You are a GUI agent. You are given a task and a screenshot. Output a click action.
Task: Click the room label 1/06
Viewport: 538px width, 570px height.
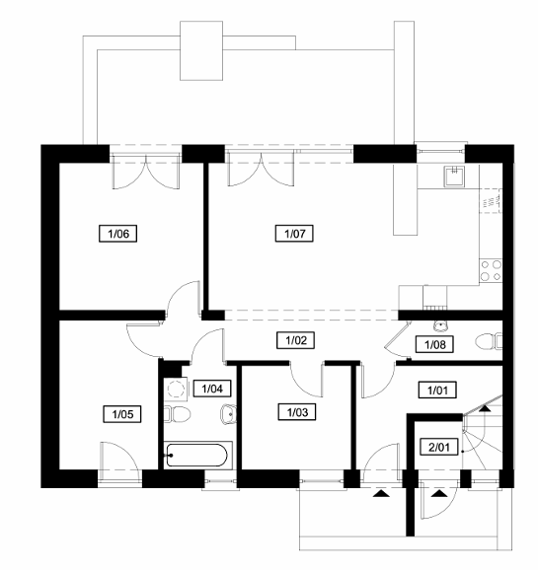118,234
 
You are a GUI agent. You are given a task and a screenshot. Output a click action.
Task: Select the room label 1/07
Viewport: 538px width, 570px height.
294,234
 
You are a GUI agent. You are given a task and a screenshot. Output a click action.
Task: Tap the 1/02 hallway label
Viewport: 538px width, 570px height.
295,340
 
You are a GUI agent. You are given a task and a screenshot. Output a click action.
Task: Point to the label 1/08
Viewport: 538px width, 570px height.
434,344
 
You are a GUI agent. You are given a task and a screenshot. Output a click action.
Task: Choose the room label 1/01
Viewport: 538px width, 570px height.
437,391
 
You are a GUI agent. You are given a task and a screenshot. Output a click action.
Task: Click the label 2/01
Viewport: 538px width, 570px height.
439,447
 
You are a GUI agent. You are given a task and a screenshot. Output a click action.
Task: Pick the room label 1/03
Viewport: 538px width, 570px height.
297,412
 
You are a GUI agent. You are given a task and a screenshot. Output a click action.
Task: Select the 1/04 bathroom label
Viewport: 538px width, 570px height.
212,389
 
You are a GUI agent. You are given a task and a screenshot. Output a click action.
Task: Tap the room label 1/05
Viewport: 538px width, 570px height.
122,414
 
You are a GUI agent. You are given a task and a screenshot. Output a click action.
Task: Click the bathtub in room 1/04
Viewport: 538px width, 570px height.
197,455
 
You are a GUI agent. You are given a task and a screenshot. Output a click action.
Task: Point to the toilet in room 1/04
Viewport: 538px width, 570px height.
178,414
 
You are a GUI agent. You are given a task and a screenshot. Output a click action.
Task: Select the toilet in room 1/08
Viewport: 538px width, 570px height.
489,341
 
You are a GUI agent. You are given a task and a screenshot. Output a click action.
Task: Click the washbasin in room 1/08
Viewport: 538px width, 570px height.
441,326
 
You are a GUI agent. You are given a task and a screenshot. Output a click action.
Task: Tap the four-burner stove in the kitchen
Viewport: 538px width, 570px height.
491,270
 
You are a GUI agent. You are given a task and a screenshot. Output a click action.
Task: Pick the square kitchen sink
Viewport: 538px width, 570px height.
454,176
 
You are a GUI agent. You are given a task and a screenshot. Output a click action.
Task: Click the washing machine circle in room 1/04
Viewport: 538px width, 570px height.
176,390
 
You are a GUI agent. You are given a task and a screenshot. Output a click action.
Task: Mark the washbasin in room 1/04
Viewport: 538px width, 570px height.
228,414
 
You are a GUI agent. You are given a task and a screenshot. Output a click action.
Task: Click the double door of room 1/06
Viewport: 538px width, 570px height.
145,172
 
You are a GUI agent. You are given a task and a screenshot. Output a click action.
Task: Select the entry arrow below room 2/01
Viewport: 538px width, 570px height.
439,493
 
